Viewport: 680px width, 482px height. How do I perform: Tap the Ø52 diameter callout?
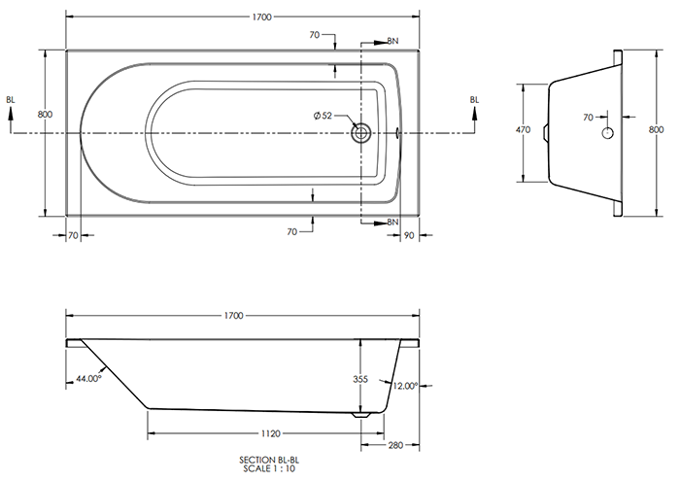pos(323,117)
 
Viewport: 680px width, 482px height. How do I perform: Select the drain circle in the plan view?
pos(361,132)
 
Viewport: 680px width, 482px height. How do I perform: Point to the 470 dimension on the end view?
pos(522,128)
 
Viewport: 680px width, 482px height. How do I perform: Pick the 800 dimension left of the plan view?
pos(45,115)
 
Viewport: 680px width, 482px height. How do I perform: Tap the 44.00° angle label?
pos(86,379)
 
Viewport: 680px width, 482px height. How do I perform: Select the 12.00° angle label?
pos(405,386)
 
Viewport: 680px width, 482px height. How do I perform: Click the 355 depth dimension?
pos(360,381)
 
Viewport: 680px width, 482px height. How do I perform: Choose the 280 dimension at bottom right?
pos(394,446)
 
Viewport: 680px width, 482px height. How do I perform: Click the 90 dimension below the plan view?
pos(409,235)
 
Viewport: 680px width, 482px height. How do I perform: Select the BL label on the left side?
pos(11,99)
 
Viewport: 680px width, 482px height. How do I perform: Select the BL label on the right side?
pos(474,99)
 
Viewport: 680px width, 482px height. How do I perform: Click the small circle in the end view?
pos(608,132)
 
